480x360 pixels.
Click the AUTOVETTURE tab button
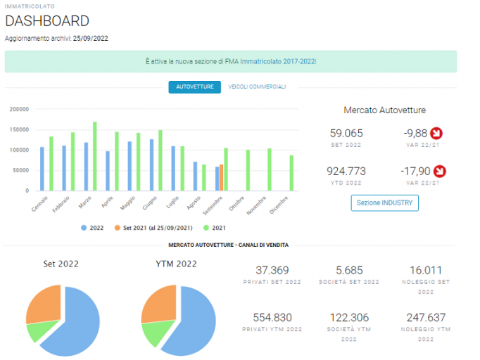tap(195, 87)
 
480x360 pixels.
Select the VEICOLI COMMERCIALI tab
tap(257, 87)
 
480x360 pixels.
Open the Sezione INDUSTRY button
tap(384, 202)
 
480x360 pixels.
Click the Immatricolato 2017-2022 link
tap(278, 61)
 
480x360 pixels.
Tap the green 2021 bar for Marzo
tap(95, 156)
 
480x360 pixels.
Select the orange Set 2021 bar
tap(221, 178)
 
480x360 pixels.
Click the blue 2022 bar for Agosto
tap(195, 176)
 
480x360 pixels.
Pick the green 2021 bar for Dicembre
tap(291, 173)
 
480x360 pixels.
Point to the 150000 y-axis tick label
tap(19, 129)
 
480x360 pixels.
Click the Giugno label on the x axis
tap(150, 203)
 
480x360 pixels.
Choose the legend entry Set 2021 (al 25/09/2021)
tap(153, 228)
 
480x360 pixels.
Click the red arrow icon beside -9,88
tap(436, 134)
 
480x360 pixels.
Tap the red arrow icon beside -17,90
tap(440, 172)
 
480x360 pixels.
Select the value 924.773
tap(346, 172)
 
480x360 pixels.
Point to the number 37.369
tap(272, 271)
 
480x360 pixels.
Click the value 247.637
tap(426, 318)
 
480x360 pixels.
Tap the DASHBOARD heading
tap(47, 21)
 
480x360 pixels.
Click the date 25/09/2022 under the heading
tap(91, 39)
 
